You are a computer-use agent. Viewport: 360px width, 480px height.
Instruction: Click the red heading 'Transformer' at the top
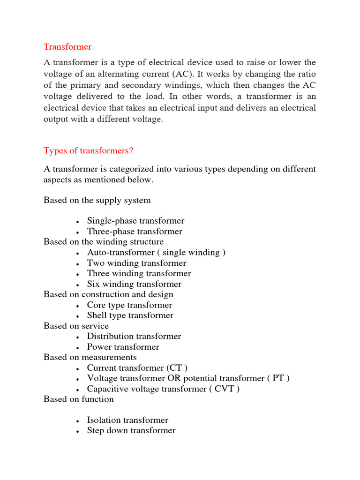(67, 47)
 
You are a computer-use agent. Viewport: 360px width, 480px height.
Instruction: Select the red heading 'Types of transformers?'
(89, 150)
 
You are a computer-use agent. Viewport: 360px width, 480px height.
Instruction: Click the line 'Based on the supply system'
(97, 200)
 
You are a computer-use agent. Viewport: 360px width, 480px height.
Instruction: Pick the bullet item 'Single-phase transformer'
(135, 221)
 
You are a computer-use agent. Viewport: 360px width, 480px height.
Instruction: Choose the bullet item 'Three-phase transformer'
(135, 231)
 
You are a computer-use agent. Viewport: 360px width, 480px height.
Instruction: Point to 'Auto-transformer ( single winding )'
(156, 252)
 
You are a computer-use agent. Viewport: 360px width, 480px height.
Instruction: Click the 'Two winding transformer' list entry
(136, 263)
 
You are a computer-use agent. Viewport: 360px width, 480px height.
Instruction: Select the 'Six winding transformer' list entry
(134, 284)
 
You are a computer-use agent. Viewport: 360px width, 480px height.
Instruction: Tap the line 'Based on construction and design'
(108, 294)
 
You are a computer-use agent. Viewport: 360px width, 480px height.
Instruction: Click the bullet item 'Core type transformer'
(129, 305)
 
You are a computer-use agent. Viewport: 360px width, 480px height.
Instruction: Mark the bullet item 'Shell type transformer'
(130, 315)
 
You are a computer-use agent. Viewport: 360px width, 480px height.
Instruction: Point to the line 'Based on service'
(76, 326)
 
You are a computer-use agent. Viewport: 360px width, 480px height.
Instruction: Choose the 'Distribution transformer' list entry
(134, 336)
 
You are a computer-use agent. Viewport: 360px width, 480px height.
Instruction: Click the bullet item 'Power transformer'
(123, 347)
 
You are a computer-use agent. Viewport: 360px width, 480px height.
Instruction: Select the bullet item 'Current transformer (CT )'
(137, 368)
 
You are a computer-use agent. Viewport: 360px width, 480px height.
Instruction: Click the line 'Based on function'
(79, 399)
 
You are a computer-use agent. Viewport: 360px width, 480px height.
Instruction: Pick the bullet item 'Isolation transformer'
(127, 420)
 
